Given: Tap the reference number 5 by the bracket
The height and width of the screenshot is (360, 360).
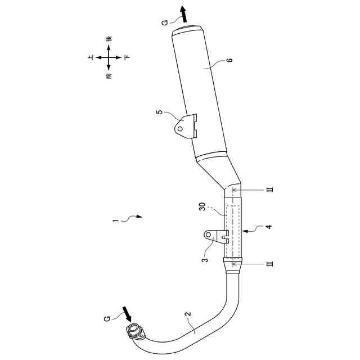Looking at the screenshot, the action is tap(159, 112).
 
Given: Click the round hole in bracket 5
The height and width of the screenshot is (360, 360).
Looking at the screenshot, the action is tap(180, 128).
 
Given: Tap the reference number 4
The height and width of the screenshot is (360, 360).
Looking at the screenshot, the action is tap(269, 228).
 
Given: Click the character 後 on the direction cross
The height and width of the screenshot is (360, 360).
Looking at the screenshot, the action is tap(109, 39).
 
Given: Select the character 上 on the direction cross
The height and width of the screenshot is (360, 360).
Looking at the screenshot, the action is tap(91, 57).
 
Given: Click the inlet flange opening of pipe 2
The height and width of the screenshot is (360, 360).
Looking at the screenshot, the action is tap(134, 330).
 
